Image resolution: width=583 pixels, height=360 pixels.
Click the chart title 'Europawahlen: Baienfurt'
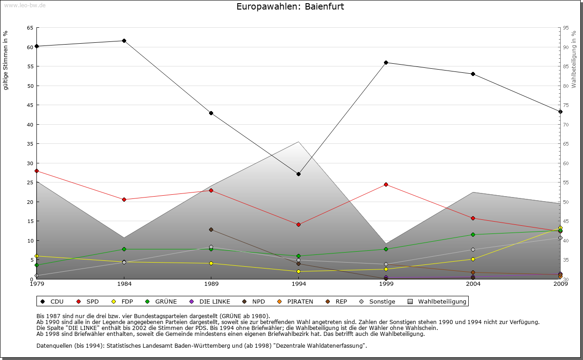[290, 7]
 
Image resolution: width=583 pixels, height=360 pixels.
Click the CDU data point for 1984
[124, 41]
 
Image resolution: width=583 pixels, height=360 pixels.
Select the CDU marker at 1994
[298, 174]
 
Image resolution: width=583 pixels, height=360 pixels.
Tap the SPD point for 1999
[386, 184]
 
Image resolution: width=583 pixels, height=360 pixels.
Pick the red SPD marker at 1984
[124, 199]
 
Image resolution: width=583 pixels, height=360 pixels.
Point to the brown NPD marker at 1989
[211, 229]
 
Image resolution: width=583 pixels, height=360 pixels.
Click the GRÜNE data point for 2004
[473, 234]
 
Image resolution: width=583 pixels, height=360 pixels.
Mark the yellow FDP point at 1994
[298, 271]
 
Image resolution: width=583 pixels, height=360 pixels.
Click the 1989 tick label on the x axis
[211, 284]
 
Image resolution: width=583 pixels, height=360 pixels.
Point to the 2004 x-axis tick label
[473, 284]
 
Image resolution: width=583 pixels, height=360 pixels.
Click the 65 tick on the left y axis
[30, 28]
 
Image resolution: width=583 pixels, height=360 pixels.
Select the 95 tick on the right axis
[566, 28]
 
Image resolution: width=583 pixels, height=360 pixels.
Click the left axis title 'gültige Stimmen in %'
[6, 60]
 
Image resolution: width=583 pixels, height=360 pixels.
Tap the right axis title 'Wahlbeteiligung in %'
[574, 60]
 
